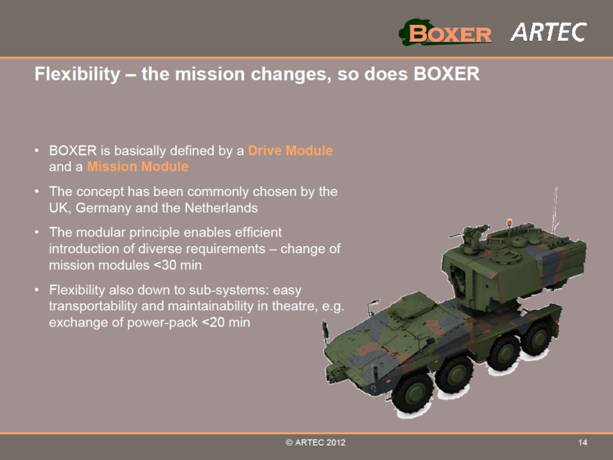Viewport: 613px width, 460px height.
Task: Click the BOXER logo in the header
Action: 445,32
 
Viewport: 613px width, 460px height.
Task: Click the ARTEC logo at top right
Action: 548,32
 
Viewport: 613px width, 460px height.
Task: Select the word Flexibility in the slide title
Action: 78,74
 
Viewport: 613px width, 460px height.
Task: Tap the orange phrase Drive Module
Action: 291,151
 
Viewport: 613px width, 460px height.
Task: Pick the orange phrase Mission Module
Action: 137,166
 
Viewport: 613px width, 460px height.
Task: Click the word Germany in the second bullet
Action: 103,208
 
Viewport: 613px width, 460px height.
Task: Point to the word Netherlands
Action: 221,208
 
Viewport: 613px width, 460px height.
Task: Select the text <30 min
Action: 177,265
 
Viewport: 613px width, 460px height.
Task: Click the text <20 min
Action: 226,322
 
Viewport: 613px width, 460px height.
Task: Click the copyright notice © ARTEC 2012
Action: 315,442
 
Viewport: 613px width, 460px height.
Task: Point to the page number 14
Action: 583,442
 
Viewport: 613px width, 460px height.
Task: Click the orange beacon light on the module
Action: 509,223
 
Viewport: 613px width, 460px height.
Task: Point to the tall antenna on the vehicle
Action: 555,210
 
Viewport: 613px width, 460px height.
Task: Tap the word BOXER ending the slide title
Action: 447,74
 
